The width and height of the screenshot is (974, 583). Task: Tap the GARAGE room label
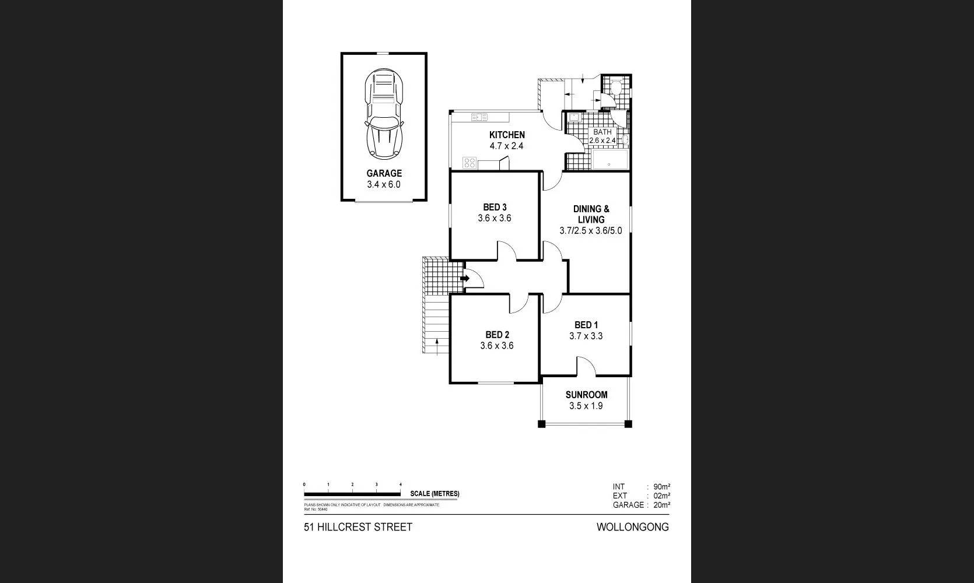384,173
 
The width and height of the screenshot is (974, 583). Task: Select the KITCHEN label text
507,135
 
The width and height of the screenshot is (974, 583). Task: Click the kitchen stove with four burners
470,163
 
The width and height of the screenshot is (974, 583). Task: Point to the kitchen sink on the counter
479,117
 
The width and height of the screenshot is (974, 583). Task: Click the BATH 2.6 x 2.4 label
602,136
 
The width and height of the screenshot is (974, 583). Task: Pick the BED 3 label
495,207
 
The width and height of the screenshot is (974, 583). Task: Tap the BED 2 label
497,335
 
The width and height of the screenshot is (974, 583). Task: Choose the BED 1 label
586,325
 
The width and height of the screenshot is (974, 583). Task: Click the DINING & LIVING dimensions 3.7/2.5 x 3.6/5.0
591,230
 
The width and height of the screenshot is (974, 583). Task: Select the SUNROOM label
586,395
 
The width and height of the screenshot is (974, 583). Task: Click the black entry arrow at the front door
465,279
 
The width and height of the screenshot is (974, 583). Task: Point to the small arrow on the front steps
437,345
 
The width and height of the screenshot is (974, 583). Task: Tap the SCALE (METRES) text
435,494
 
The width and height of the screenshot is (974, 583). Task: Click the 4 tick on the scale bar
401,484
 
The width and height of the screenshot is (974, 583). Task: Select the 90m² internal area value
661,486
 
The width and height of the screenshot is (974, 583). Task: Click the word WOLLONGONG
632,527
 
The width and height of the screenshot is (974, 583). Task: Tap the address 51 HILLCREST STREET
358,527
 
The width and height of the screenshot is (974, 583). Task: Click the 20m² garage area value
661,505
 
